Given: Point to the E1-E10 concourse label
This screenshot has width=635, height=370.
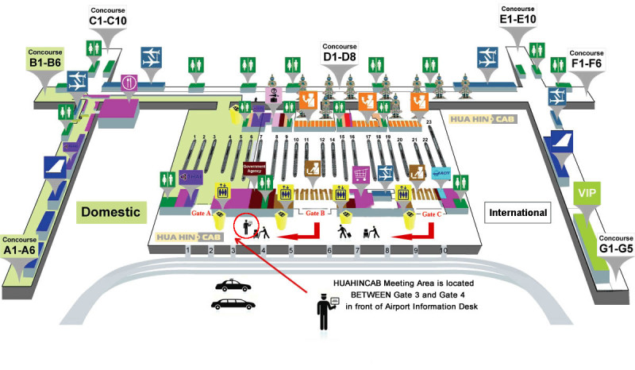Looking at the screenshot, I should coord(518,15).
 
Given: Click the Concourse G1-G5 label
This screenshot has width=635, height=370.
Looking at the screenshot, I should coord(615,244).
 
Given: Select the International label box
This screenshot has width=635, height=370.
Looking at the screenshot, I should coord(517,213).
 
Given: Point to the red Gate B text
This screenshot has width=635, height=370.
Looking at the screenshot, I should coord(316,214).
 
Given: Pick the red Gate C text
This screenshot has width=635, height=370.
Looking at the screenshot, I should coord(432,214).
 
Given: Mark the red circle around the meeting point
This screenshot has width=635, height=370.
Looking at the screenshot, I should coord(247,226).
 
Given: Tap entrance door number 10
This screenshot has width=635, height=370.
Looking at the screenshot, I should coord(444,251).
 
